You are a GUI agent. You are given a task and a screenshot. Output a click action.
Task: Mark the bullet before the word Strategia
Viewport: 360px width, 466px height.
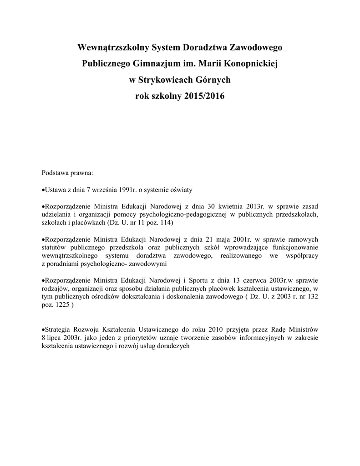(x=43, y=329)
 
